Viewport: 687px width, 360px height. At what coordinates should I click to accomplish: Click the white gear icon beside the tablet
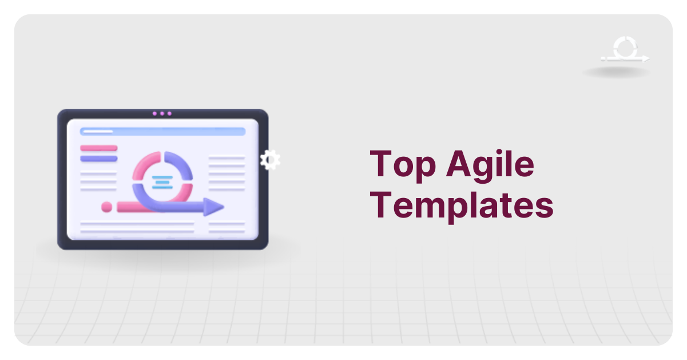click(270, 160)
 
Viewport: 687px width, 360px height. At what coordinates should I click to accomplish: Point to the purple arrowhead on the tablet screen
click(214, 207)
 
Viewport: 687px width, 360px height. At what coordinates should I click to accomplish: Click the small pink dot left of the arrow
click(106, 207)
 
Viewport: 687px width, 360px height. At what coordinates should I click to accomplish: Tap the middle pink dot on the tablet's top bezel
click(162, 113)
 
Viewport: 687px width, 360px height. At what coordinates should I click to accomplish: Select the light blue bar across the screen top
click(162, 131)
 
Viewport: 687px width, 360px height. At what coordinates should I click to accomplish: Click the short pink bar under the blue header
click(98, 148)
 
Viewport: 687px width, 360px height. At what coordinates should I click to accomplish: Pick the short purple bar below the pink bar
click(98, 159)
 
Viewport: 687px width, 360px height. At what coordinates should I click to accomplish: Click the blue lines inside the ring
click(162, 182)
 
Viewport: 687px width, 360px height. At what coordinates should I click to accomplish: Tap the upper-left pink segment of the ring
click(145, 166)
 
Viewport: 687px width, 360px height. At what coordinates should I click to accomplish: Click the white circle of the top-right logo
click(623, 48)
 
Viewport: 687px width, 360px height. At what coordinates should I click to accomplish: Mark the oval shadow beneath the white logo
click(617, 73)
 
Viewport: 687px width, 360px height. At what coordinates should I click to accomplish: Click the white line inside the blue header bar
click(97, 131)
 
